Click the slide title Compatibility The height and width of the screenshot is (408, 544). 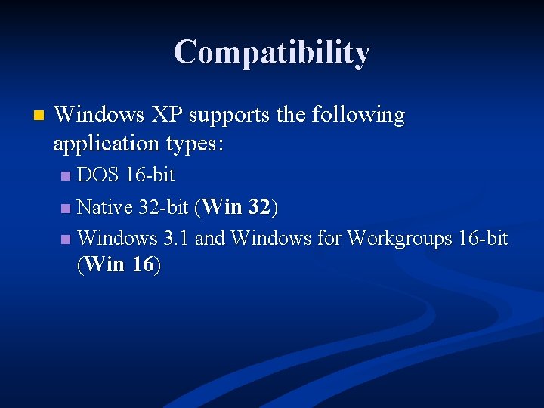coord(271,52)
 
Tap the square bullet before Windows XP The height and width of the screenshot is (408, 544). coord(39,116)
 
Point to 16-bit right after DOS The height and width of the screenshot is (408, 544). coord(150,175)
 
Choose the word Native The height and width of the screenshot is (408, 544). coord(105,207)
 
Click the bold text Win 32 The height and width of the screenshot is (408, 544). coord(236,207)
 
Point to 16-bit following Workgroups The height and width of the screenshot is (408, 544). coord(484,239)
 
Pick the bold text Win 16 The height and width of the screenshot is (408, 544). coord(119,265)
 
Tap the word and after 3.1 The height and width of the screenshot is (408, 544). coord(210,239)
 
